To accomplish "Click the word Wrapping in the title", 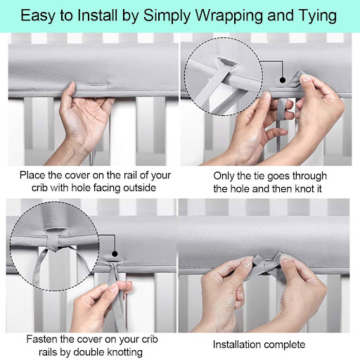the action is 229,16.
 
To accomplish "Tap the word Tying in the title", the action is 318,16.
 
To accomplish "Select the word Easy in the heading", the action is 39,16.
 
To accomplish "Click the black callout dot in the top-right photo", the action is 283,80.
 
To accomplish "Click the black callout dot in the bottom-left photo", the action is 115,254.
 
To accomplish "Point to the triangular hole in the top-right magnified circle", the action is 226,63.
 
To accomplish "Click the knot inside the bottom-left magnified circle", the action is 53,243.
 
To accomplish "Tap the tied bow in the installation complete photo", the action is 267,265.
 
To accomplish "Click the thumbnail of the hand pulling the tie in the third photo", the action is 114,287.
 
